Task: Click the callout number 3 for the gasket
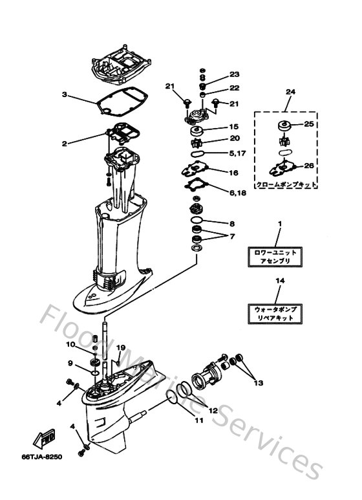pos(64,94)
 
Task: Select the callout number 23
pos(234,74)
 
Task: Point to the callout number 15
pos(234,127)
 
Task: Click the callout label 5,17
pos(237,153)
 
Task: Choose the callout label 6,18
pos(237,193)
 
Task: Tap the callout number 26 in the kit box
pos(309,166)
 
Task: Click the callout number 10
pos(70,344)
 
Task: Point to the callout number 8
pos(232,224)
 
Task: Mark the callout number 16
pos(234,173)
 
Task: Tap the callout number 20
pos(234,138)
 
